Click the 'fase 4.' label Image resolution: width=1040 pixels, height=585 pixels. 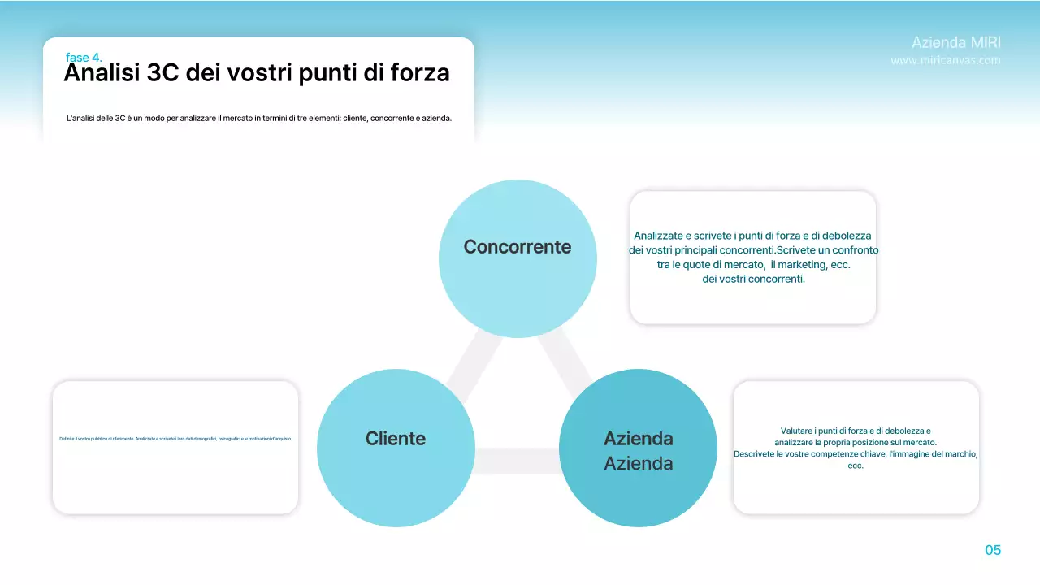pos(84,58)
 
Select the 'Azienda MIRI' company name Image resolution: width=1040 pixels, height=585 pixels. pos(955,42)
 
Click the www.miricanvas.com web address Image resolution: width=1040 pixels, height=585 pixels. pos(945,60)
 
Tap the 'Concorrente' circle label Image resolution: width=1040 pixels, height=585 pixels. pos(518,247)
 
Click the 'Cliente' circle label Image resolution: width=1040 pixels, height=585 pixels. pos(396,439)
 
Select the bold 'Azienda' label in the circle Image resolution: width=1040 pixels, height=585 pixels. pos(638,439)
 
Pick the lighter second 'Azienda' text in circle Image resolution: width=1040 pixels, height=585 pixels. pos(638,464)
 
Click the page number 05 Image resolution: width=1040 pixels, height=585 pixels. pos(993,550)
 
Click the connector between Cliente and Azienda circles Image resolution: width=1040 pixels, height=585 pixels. pos(517,461)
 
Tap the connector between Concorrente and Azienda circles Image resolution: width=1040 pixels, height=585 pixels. pos(565,357)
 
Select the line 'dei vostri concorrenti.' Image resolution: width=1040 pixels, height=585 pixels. pos(753,279)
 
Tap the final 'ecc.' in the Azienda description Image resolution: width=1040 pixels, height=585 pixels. pos(856,466)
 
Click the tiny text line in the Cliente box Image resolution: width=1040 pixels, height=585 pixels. pos(175,439)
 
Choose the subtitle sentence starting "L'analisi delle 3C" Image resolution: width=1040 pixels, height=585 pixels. pos(258,119)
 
